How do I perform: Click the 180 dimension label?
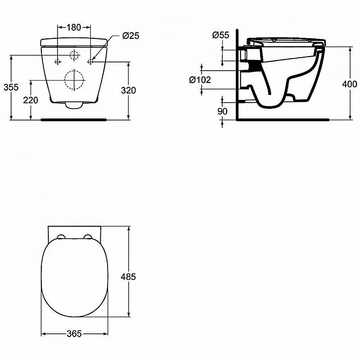(x=74, y=27)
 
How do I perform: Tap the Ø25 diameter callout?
(x=130, y=36)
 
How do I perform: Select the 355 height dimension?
(x=11, y=87)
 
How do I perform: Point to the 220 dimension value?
(x=31, y=100)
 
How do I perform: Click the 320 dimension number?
(x=129, y=90)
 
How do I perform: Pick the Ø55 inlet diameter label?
(x=220, y=35)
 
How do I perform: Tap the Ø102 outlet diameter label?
(x=200, y=80)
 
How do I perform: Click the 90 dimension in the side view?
(x=222, y=111)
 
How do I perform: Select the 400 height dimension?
(x=350, y=84)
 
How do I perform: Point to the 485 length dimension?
(x=128, y=277)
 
